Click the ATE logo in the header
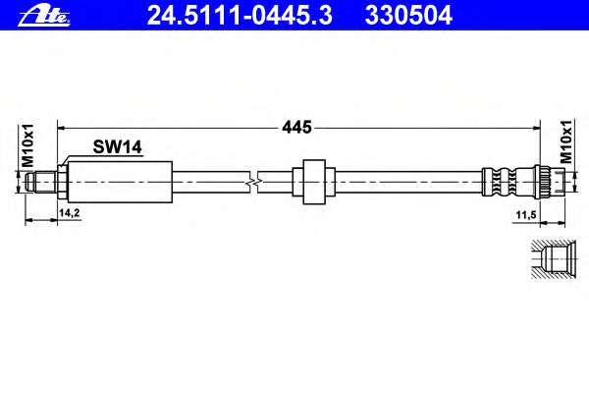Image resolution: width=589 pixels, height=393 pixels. coord(44,16)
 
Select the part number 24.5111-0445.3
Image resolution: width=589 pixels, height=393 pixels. coord(240,16)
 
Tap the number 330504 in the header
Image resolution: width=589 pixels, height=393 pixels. coord(408,16)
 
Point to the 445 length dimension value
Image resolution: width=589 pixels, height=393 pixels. coord(296,128)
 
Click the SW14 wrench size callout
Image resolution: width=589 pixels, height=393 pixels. coord(118,147)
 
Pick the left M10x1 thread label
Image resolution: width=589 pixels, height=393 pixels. coord(27,145)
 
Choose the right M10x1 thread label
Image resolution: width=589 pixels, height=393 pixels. coord(565,141)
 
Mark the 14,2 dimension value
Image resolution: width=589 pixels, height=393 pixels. coord(69,213)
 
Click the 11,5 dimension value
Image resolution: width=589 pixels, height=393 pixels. coord(525,215)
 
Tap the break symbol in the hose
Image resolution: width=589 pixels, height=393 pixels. coord(254,183)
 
